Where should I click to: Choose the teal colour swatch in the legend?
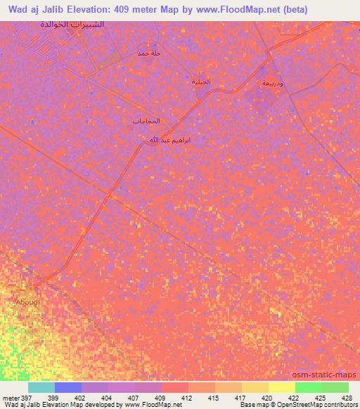[41, 387]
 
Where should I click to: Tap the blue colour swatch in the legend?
[67, 387]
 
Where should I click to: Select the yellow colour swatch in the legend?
[281, 387]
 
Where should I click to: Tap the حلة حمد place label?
[149, 53]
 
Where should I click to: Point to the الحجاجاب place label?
[146, 121]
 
